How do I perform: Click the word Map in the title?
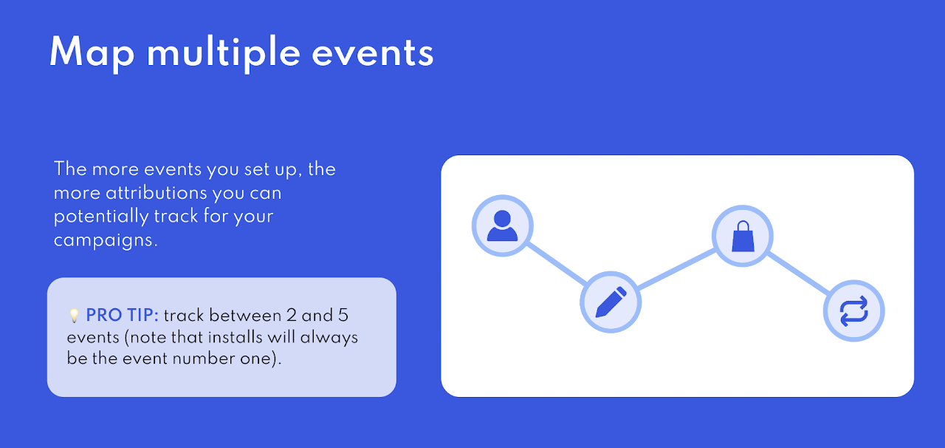tap(92, 52)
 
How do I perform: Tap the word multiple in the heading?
tap(224, 52)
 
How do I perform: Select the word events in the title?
tap(373, 54)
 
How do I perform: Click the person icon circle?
tap(503, 225)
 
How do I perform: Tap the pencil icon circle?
tap(611, 302)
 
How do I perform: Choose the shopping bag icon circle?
tap(743, 236)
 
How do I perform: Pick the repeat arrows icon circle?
tap(854, 310)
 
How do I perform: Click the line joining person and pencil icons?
tap(557, 264)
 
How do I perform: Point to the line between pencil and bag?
tap(676, 269)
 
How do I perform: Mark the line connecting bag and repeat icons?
tap(798, 274)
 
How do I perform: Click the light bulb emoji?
tap(74, 315)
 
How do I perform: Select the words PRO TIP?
tap(123, 315)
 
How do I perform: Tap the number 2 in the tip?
tap(291, 315)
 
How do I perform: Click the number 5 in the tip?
tap(343, 315)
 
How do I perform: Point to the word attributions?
tap(157, 193)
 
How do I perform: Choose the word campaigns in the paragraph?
tap(106, 240)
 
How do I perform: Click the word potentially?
tap(101, 217)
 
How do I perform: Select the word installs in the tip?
tap(236, 337)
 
